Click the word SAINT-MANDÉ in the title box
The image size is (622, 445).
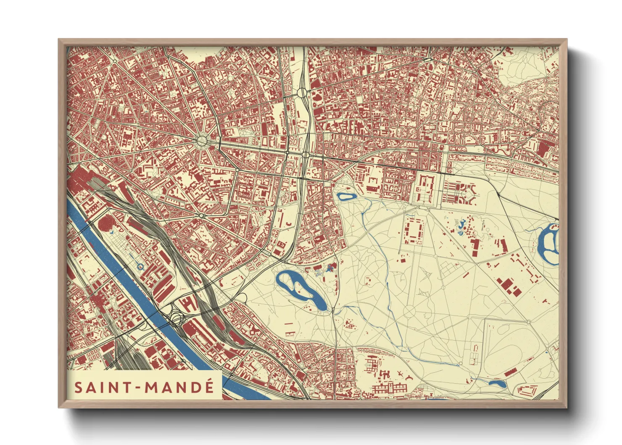144,387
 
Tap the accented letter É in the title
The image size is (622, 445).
209,387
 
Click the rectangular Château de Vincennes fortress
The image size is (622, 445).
424,188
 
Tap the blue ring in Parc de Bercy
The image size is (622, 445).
140,266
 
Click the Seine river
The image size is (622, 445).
139,294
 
